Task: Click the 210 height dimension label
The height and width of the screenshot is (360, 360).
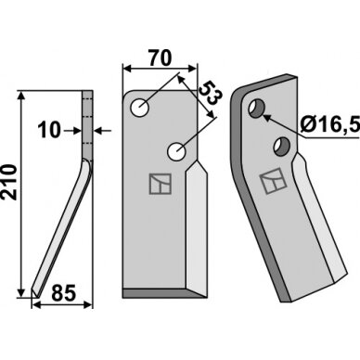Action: tap(9, 183)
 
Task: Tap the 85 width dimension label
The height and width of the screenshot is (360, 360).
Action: tap(63, 293)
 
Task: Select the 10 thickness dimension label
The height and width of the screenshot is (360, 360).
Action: tap(49, 130)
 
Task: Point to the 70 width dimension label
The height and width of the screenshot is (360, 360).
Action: tap(160, 58)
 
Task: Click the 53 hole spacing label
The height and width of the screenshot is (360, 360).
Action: tap(210, 94)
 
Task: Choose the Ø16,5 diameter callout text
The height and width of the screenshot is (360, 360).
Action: tap(329, 125)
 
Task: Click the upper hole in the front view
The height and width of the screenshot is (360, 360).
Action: tap(140, 108)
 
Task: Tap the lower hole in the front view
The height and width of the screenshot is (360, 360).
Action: tap(176, 151)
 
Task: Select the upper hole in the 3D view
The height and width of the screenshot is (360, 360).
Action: tap(257, 109)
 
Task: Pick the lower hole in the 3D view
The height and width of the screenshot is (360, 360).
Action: tap(282, 147)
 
